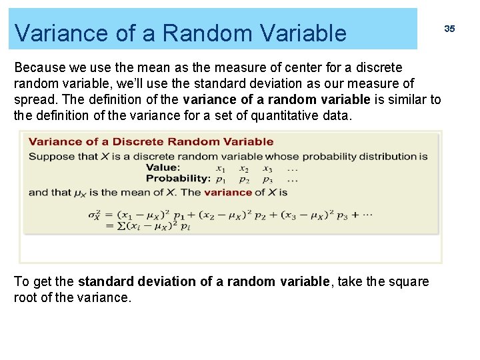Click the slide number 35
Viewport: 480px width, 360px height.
click(x=449, y=29)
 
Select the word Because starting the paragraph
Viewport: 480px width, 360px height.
click(x=40, y=68)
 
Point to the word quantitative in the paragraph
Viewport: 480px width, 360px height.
click(x=286, y=116)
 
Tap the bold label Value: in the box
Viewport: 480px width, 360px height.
click(x=163, y=167)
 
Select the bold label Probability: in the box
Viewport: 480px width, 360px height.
click(x=178, y=179)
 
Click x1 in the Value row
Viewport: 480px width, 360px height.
click(x=220, y=169)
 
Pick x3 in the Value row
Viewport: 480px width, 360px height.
click(x=267, y=169)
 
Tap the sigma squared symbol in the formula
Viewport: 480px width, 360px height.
click(x=93, y=215)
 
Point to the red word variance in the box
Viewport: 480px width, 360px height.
click(x=228, y=192)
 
